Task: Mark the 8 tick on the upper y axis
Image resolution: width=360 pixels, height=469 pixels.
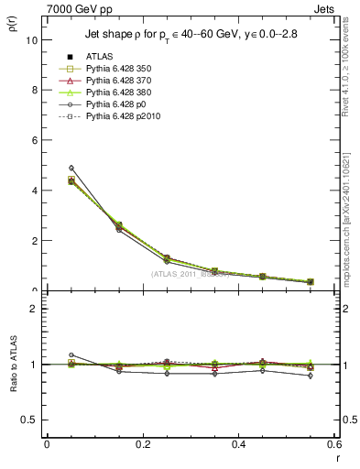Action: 34,90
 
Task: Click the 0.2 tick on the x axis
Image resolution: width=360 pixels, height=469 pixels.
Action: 142,444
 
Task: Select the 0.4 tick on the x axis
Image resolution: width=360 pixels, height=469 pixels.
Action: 238,444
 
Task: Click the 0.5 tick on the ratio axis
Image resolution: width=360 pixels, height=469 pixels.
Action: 30,420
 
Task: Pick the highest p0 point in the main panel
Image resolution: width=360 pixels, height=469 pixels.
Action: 46,168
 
